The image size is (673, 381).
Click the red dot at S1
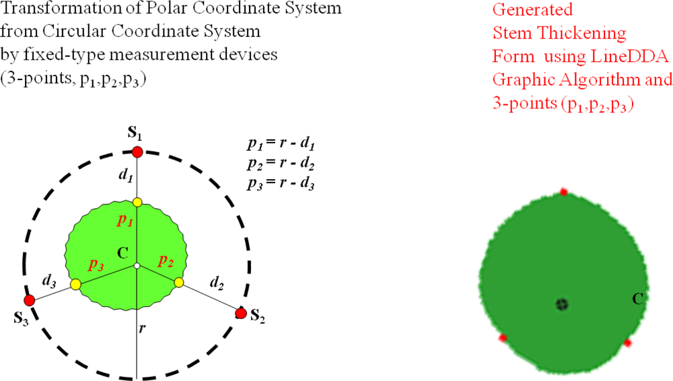(137, 151)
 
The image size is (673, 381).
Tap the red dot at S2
(241, 313)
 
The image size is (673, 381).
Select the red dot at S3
(30, 300)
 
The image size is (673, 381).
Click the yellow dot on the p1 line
(137, 202)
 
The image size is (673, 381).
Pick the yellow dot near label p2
(179, 283)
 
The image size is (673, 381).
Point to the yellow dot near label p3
(76, 285)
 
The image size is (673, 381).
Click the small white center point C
(137, 267)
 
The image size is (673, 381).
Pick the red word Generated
(532, 10)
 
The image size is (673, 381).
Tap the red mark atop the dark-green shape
(564, 192)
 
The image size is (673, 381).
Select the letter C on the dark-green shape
(636, 296)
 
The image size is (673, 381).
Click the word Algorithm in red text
(602, 79)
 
